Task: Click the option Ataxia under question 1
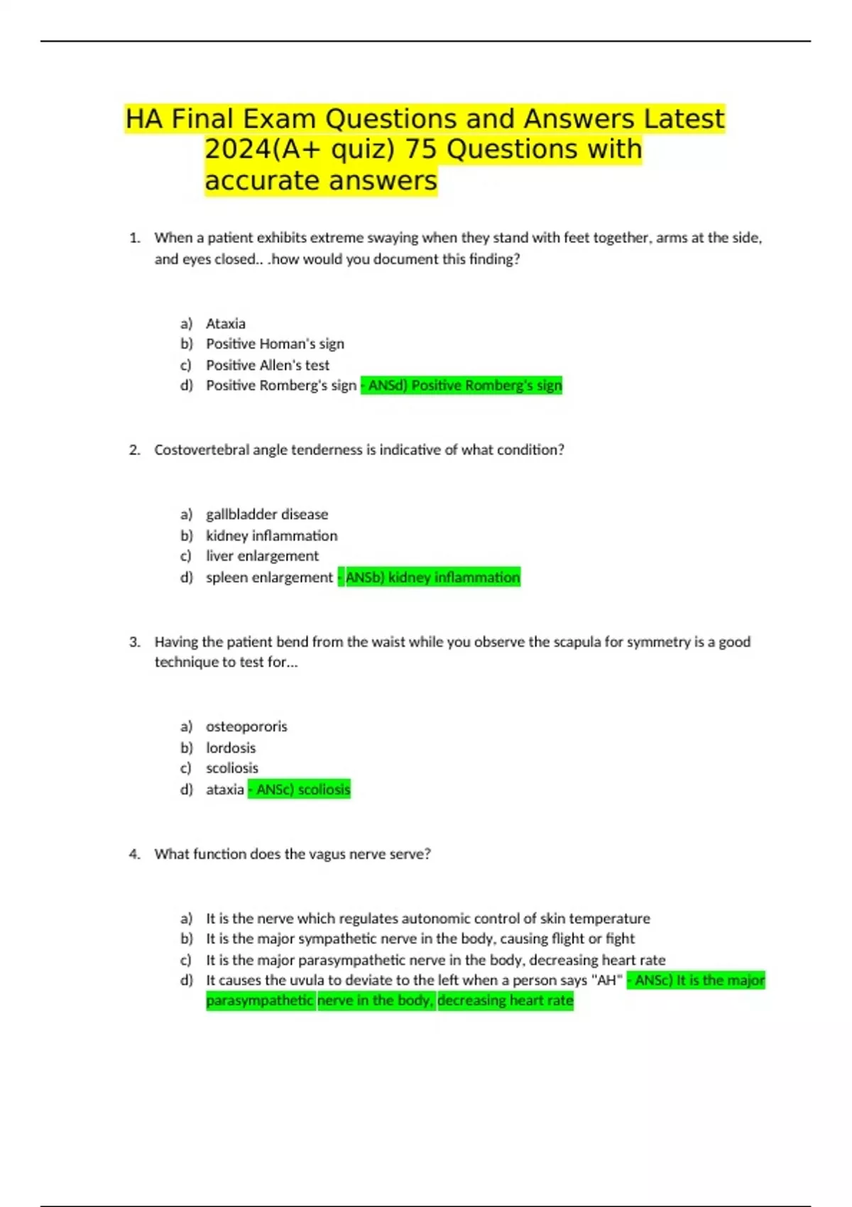tap(226, 324)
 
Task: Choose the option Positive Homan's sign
tap(275, 344)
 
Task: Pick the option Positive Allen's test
tap(268, 365)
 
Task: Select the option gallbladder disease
tap(267, 514)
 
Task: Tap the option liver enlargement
tap(262, 556)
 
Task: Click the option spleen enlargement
tap(269, 577)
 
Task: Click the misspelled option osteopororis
tap(246, 726)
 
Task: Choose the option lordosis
tap(231, 748)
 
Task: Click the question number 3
tap(134, 642)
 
